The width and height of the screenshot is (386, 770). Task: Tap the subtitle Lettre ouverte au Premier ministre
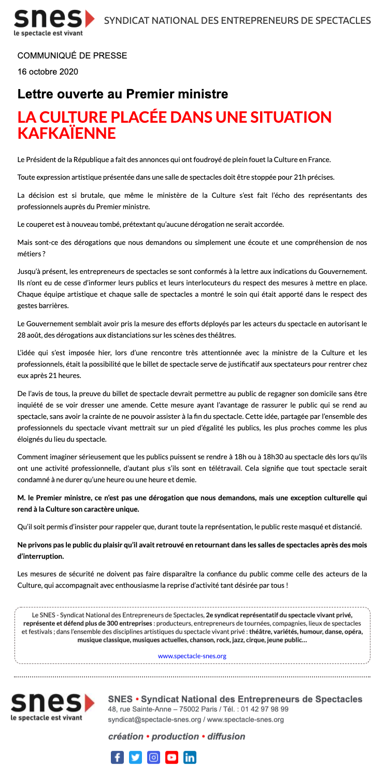coord(123,94)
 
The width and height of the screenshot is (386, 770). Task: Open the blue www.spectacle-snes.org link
coord(192,656)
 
